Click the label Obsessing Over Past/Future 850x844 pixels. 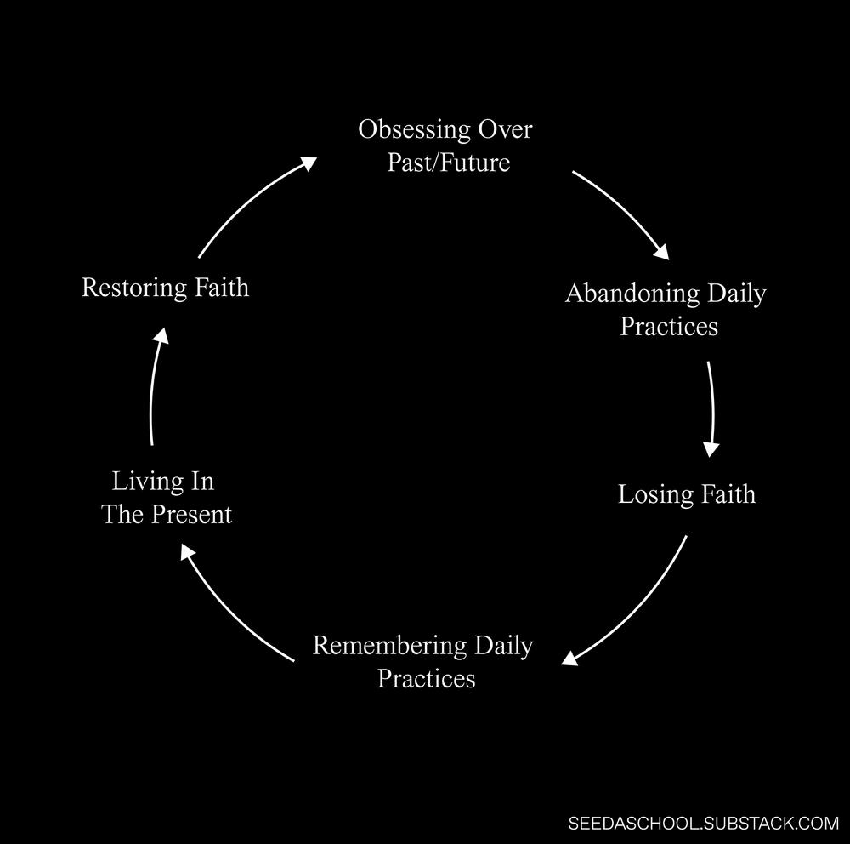[445, 145]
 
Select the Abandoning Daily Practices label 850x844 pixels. [666, 310]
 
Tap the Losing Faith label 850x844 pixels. [687, 494]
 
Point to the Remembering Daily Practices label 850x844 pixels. [423, 662]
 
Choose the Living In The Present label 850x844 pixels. [167, 498]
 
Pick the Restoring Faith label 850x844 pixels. [166, 287]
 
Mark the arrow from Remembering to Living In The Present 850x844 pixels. [228, 611]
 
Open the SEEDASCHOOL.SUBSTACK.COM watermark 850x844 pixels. [703, 823]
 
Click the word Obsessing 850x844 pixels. [414, 130]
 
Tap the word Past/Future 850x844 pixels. [449, 163]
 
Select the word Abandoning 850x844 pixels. [632, 294]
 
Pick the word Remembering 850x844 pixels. [389, 646]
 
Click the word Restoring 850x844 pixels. [134, 287]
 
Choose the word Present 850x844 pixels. [191, 515]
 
